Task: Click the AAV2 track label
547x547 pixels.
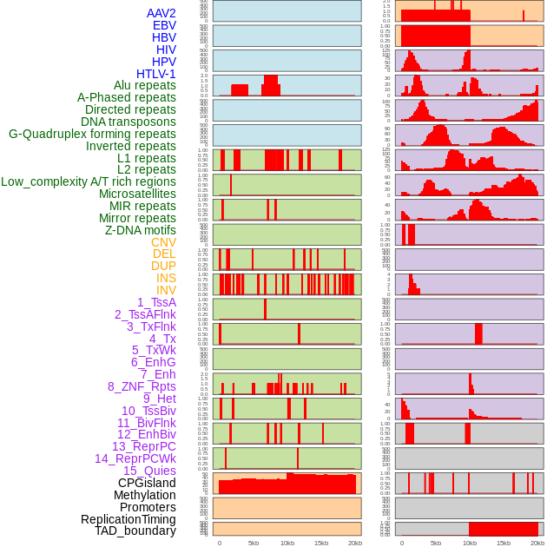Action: coord(161,13)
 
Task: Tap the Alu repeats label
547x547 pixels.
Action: coord(144,86)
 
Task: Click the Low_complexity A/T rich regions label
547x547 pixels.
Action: coord(89,181)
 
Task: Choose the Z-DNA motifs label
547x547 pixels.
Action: coord(140,230)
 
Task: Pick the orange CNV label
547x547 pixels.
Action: coord(163,242)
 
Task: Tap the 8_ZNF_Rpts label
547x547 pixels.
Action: coord(142,386)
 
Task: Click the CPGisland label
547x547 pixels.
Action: coord(147,483)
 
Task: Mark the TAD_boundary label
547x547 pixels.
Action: coord(135,531)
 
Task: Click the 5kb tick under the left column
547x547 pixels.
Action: coord(254,543)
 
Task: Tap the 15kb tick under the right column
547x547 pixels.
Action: coord(504,543)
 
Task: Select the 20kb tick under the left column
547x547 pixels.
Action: coord(354,543)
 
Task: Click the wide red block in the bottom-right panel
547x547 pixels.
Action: coord(503,529)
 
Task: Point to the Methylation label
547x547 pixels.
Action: coord(144,495)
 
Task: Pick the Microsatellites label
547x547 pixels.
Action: coord(137,194)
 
